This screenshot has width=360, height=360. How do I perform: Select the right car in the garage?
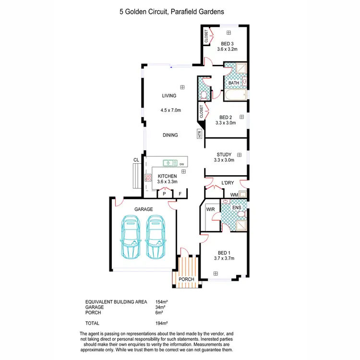(156, 237)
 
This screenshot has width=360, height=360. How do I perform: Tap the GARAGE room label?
(143, 209)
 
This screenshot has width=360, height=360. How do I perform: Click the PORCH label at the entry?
(186, 279)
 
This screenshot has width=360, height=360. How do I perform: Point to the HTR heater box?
(200, 134)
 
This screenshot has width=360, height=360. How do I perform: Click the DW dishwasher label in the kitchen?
(182, 164)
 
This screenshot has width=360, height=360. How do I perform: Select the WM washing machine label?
(234, 194)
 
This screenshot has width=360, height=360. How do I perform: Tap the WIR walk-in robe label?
(210, 210)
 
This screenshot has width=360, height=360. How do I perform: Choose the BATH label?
(233, 83)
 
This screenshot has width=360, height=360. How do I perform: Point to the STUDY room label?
(224, 155)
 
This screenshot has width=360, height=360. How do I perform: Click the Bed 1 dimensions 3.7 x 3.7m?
(224, 259)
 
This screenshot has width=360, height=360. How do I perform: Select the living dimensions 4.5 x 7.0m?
(170, 110)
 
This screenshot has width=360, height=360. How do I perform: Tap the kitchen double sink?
(169, 163)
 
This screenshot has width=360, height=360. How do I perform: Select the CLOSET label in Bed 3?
(206, 36)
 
